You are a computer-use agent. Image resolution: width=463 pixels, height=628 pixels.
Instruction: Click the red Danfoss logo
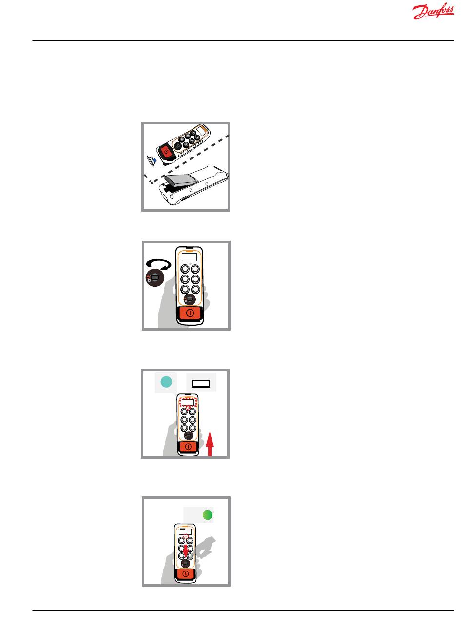pyautogui.click(x=433, y=11)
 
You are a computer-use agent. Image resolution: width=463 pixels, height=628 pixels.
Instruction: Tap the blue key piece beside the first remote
pyautogui.click(x=154, y=159)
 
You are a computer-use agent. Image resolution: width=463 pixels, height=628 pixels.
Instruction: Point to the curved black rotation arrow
pyautogui.click(x=158, y=263)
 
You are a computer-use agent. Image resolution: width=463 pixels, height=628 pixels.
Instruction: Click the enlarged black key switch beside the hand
pyautogui.click(x=155, y=278)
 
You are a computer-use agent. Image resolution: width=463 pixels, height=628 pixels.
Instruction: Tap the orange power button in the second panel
pyautogui.click(x=190, y=313)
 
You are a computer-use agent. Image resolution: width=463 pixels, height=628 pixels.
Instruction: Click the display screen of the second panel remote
pyautogui.click(x=189, y=257)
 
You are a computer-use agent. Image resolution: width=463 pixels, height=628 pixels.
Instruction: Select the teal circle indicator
pyautogui.click(x=166, y=382)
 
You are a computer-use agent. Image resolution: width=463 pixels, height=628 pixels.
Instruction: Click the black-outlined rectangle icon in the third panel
pyautogui.click(x=201, y=384)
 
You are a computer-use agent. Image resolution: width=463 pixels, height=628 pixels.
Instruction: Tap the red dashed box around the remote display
pyautogui.click(x=188, y=402)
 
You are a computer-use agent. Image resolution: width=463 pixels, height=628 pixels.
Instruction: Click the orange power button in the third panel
pyautogui.click(x=188, y=446)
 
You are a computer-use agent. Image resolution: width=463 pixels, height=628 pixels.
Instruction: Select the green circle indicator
pyautogui.click(x=208, y=515)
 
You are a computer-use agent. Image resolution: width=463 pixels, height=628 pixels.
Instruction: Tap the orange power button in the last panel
pyautogui.click(x=186, y=573)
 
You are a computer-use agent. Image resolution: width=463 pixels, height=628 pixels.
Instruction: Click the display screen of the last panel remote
pyautogui.click(x=185, y=531)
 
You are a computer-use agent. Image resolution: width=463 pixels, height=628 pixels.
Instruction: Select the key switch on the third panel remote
pyautogui.click(x=188, y=435)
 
